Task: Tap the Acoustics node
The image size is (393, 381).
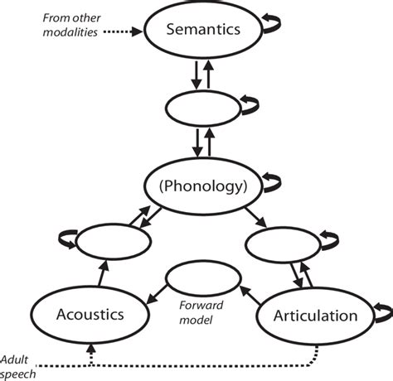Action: click(x=90, y=314)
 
